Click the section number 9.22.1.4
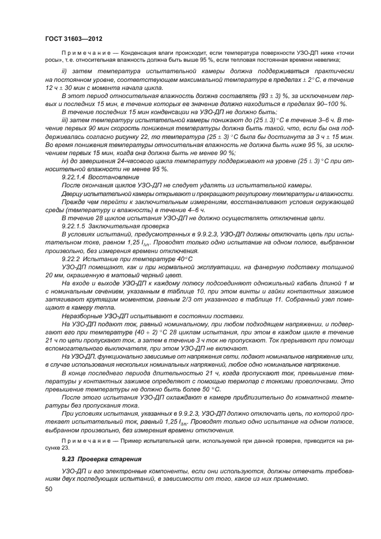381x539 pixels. tap(74, 177)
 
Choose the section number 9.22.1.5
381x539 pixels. tap(74, 225)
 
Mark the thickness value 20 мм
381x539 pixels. tap(54, 274)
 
